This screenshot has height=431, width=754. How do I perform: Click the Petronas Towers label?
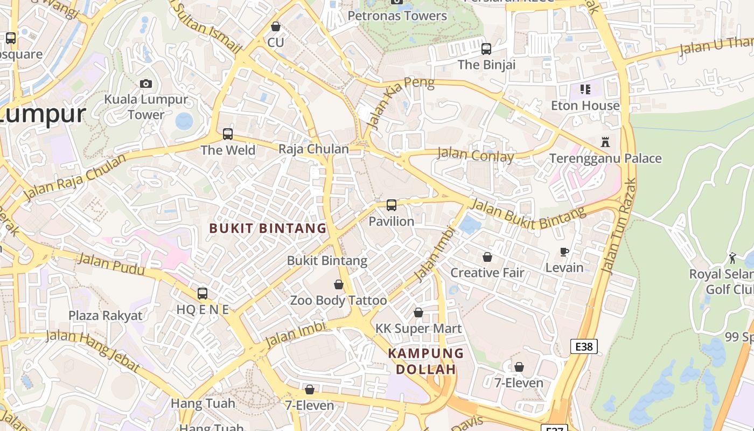coord(397,16)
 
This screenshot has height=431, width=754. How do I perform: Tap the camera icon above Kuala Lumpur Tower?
coord(145,84)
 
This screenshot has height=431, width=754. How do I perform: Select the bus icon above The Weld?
coord(228,134)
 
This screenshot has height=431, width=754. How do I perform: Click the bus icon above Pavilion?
coord(392,205)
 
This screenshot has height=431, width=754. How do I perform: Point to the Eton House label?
coord(585,106)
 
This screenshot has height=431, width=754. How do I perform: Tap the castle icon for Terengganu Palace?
coord(605,142)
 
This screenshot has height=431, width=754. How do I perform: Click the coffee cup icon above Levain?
coord(564,252)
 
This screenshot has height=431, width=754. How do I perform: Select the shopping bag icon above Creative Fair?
coord(487,257)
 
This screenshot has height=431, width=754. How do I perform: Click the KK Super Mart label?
coord(418,328)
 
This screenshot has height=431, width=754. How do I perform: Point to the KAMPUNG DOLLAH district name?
coord(426,362)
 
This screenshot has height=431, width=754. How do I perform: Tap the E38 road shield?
coord(584,346)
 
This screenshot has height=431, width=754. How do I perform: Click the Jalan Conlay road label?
coord(476,155)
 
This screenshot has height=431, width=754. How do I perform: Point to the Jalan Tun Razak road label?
coord(618,226)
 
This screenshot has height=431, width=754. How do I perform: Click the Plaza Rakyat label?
coord(106,316)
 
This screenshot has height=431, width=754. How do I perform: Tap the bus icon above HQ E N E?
coord(203,294)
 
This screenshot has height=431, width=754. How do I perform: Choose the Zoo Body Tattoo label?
coord(338,300)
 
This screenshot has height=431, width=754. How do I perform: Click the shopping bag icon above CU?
coord(276,26)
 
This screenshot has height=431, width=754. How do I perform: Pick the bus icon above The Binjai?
coord(486,49)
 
